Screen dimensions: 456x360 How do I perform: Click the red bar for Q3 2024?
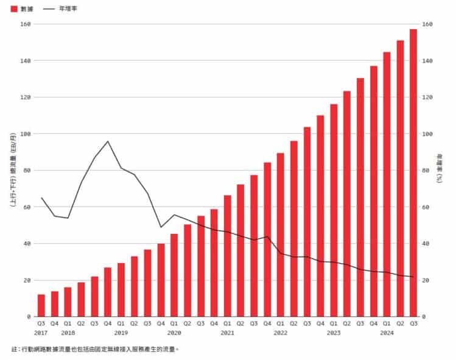click(x=413, y=173)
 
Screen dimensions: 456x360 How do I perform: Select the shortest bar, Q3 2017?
click(x=41, y=306)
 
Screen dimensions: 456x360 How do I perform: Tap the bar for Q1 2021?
click(x=228, y=256)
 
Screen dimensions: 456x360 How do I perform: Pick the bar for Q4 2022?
click(x=320, y=216)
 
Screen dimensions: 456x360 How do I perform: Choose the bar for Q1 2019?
click(x=121, y=290)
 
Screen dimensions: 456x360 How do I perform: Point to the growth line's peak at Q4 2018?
click(x=108, y=141)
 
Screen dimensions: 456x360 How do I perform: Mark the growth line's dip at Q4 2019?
click(x=161, y=227)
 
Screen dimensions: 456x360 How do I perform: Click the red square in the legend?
click(x=14, y=9)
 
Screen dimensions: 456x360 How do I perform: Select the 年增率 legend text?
click(x=68, y=9)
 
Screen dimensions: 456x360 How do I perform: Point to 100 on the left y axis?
click(x=26, y=134)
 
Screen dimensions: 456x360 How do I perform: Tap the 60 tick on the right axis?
click(x=426, y=207)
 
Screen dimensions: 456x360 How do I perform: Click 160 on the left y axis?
click(x=26, y=24)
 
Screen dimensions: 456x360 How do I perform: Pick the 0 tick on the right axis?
click(x=424, y=317)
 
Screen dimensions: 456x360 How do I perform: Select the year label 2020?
click(x=174, y=333)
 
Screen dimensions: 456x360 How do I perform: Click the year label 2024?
click(x=387, y=333)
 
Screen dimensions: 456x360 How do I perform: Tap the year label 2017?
click(x=41, y=333)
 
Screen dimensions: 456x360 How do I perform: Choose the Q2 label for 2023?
click(x=347, y=323)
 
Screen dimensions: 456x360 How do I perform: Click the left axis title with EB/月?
click(x=13, y=170)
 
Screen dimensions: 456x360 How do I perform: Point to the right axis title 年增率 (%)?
click(x=440, y=168)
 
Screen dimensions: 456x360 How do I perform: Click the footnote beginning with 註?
click(x=95, y=349)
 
